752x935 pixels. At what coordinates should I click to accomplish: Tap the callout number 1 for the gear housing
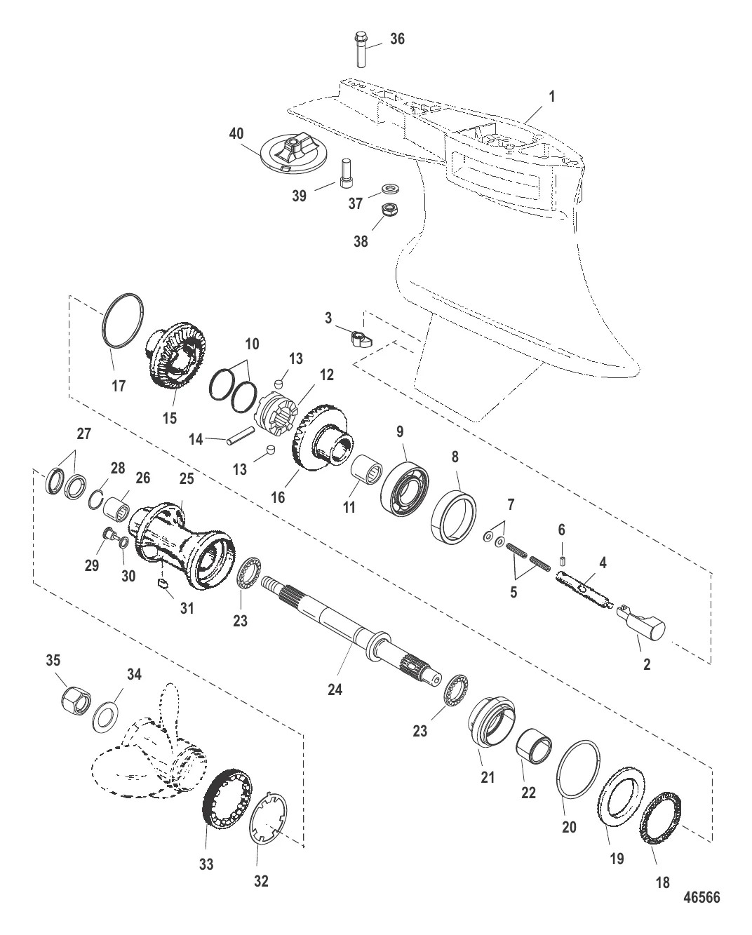552,97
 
